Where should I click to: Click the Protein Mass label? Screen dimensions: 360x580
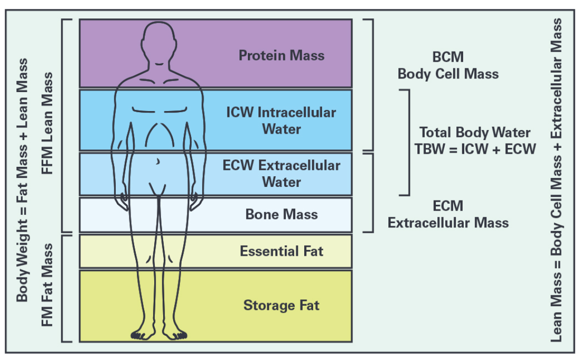(282, 55)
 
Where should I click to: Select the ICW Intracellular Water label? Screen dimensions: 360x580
(281, 121)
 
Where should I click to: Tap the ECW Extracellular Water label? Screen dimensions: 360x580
(281, 174)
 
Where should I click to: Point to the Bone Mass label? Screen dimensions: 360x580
(282, 214)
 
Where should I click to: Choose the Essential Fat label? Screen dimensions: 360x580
(282, 251)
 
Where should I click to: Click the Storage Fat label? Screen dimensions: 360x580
(281, 305)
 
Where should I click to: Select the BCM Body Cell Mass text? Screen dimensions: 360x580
(448, 65)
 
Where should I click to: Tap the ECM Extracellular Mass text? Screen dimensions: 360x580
(448, 214)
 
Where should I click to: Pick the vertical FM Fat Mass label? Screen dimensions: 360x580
(48, 285)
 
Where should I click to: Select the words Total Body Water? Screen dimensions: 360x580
(475, 133)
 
